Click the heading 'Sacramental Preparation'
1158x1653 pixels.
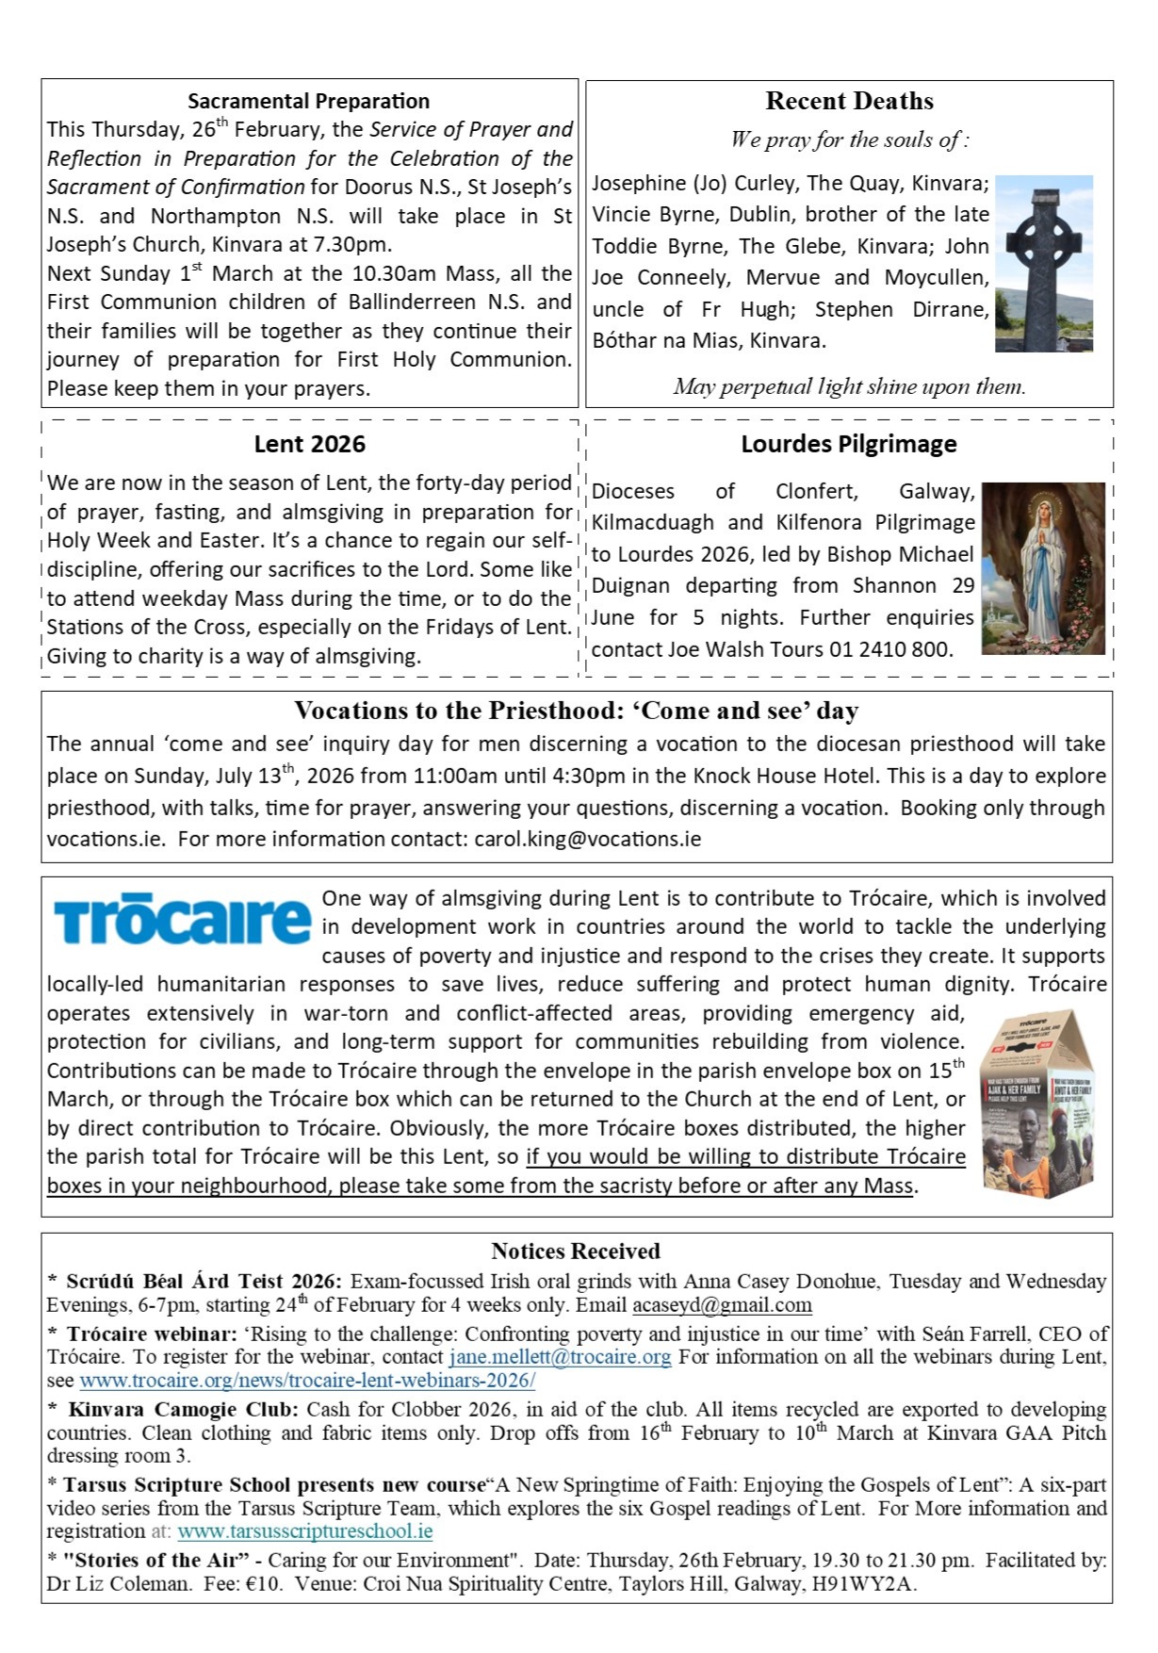[x=308, y=101]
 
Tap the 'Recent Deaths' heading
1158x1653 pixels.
[x=849, y=101]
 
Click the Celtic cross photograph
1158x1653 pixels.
[x=1043, y=263]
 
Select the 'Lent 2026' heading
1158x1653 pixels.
[x=309, y=444]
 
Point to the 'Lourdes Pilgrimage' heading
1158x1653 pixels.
[x=848, y=444]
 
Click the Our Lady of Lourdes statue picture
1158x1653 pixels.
[x=1042, y=568]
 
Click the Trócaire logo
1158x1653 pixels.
[x=181, y=920]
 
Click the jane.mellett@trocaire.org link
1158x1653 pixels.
[x=560, y=1357]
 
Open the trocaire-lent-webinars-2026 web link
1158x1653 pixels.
[x=307, y=1381]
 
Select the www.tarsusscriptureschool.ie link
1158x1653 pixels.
[x=304, y=1531]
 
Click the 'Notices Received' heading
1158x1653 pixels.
[x=575, y=1252]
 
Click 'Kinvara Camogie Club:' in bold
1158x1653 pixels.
[x=184, y=1410]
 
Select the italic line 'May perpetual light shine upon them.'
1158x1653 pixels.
[x=849, y=386]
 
